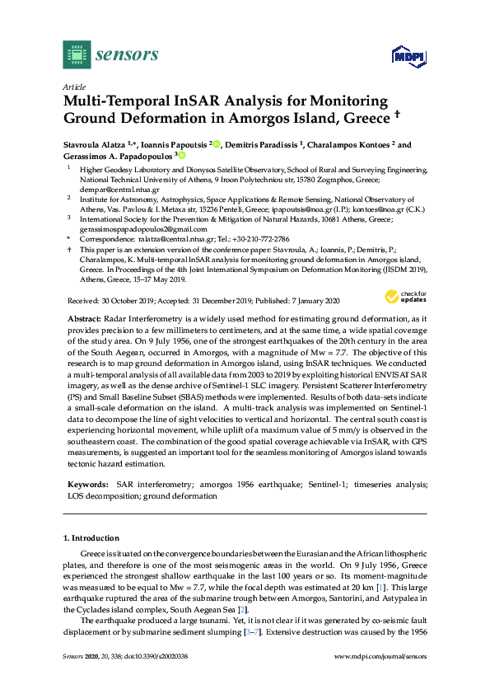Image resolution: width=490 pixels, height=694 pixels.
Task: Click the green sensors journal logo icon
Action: tap(77, 55)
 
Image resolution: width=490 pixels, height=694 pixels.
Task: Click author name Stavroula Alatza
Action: tap(92, 144)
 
